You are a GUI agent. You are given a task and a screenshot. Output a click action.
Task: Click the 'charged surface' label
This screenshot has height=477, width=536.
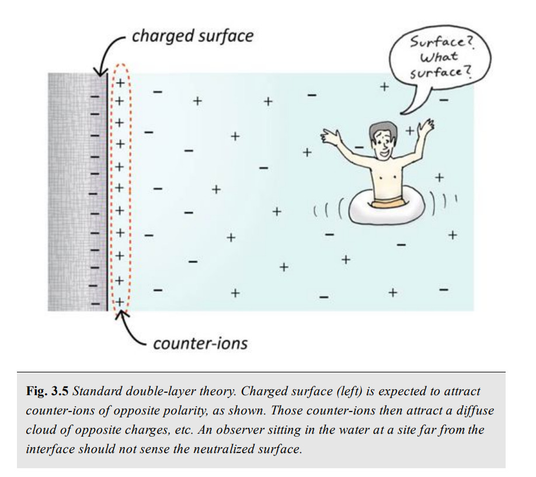pyautogui.click(x=192, y=36)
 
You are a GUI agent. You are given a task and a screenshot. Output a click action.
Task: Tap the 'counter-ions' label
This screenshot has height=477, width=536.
pyautogui.click(x=200, y=343)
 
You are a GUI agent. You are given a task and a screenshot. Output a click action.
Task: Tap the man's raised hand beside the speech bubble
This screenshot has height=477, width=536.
pyautogui.click(x=426, y=126)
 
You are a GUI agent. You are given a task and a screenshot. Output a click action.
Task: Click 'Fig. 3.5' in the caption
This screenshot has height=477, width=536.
pyautogui.click(x=48, y=391)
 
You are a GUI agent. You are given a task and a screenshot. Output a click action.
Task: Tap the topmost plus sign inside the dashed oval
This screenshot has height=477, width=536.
pyautogui.click(x=120, y=82)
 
